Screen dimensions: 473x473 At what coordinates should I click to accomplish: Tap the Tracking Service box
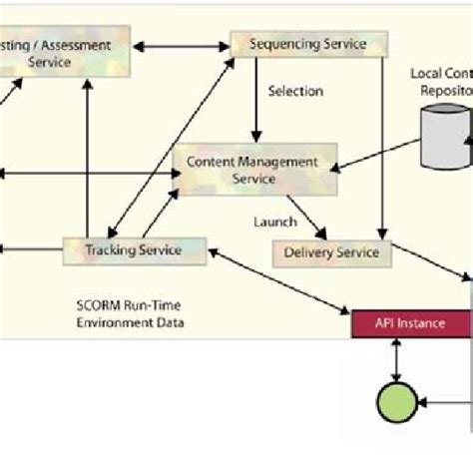pos(135,250)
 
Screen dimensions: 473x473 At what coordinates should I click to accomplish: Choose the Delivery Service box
pos(332,252)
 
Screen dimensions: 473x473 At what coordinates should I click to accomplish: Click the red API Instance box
pos(411,322)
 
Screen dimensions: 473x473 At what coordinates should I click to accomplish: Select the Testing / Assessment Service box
pos(65,53)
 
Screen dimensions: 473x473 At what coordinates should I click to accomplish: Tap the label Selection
pos(295,91)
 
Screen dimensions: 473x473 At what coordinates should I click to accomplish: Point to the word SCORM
pos(97,305)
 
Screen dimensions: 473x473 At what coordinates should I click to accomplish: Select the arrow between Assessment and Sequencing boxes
pos(186,45)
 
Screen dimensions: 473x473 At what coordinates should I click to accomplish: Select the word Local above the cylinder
pos(428,75)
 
